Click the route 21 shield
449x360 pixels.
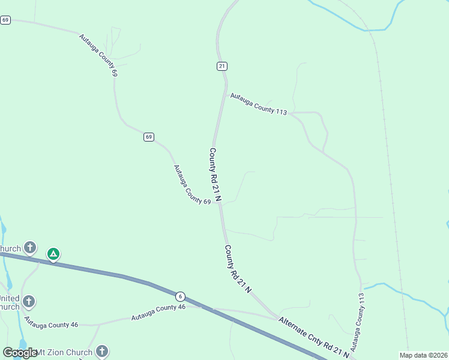[222, 66]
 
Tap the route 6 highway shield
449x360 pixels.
[179, 296]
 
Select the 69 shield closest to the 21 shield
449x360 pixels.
[148, 137]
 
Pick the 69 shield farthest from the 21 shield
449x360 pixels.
[5, 20]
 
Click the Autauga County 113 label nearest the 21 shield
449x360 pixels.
[258, 103]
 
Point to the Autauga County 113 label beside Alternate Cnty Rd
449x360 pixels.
[358, 322]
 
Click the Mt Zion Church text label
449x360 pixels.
[64, 353]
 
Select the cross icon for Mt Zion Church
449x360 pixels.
[102, 351]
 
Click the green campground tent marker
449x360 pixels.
[53, 254]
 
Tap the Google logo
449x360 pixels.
[20, 353]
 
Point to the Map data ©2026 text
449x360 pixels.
[423, 355]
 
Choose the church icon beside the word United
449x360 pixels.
[28, 301]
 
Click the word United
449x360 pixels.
[9, 298]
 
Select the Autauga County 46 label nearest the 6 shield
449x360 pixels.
[158, 311]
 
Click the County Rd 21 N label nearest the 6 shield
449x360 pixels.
[238, 268]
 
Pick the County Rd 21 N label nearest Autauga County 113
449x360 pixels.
[215, 175]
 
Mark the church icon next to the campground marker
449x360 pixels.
[29, 247]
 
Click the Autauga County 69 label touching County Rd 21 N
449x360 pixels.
[191, 185]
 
